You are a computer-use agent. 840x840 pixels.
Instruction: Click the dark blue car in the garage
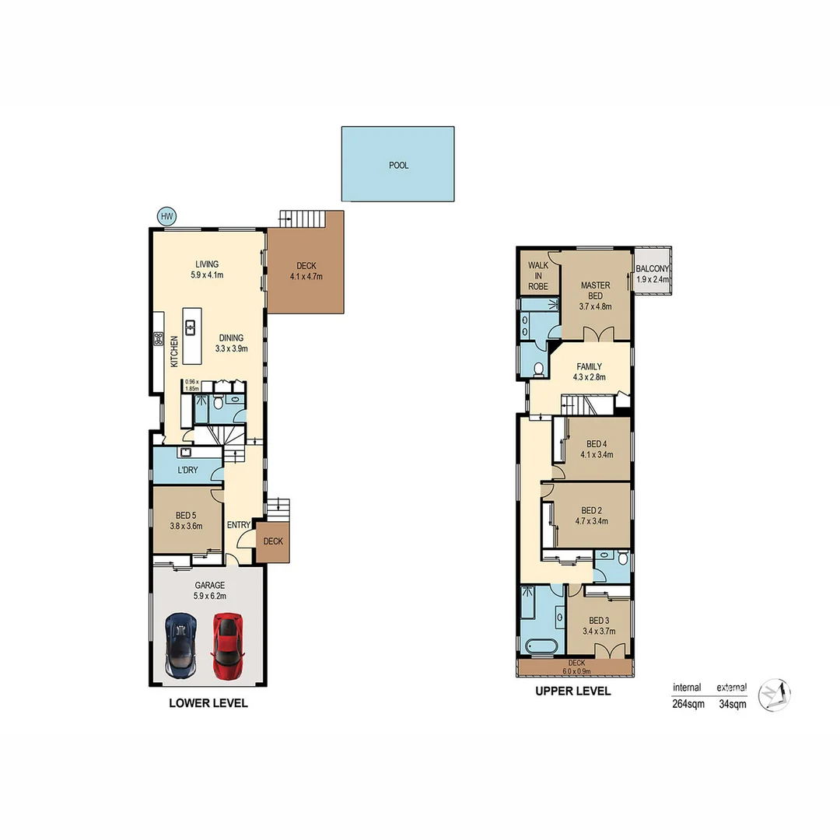tap(180, 645)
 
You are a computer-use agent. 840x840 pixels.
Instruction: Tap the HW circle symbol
tap(166, 216)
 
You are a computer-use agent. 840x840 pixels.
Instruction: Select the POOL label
tap(398, 165)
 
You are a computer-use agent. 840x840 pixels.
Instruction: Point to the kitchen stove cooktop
tap(159, 338)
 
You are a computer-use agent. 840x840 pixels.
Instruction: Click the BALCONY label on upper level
tap(653, 269)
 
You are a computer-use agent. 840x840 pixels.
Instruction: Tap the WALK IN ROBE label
tap(538, 275)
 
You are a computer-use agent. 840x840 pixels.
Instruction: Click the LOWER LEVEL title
tap(208, 703)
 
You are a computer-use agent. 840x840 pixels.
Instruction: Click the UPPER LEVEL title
tap(572, 691)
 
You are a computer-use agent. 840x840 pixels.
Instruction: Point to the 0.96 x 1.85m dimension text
tap(191, 385)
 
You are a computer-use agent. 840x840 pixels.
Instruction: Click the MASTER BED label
tap(595, 290)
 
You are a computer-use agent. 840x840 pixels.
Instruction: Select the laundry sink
tap(186, 452)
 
